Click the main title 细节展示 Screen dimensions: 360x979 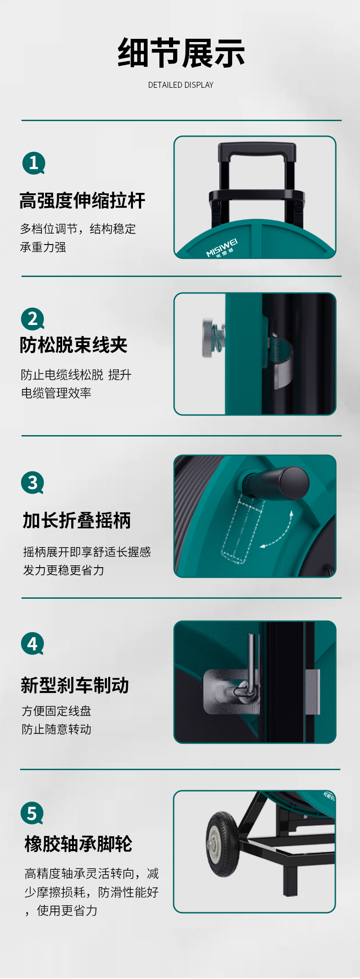181,53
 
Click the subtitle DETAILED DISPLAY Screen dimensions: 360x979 181,85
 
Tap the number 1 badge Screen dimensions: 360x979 34,163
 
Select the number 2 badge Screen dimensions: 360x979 33,319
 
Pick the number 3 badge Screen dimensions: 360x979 32,483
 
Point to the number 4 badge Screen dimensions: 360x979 32,644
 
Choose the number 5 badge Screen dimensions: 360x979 32,813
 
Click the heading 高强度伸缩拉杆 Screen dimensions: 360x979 82,201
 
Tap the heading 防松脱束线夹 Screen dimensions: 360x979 74,345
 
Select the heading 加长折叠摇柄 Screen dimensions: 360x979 77,521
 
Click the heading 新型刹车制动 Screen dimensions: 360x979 75,685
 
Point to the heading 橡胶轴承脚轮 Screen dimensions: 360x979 79,844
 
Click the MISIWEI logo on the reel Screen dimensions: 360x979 222,247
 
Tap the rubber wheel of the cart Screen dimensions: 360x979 222,844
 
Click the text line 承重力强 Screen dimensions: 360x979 43,247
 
